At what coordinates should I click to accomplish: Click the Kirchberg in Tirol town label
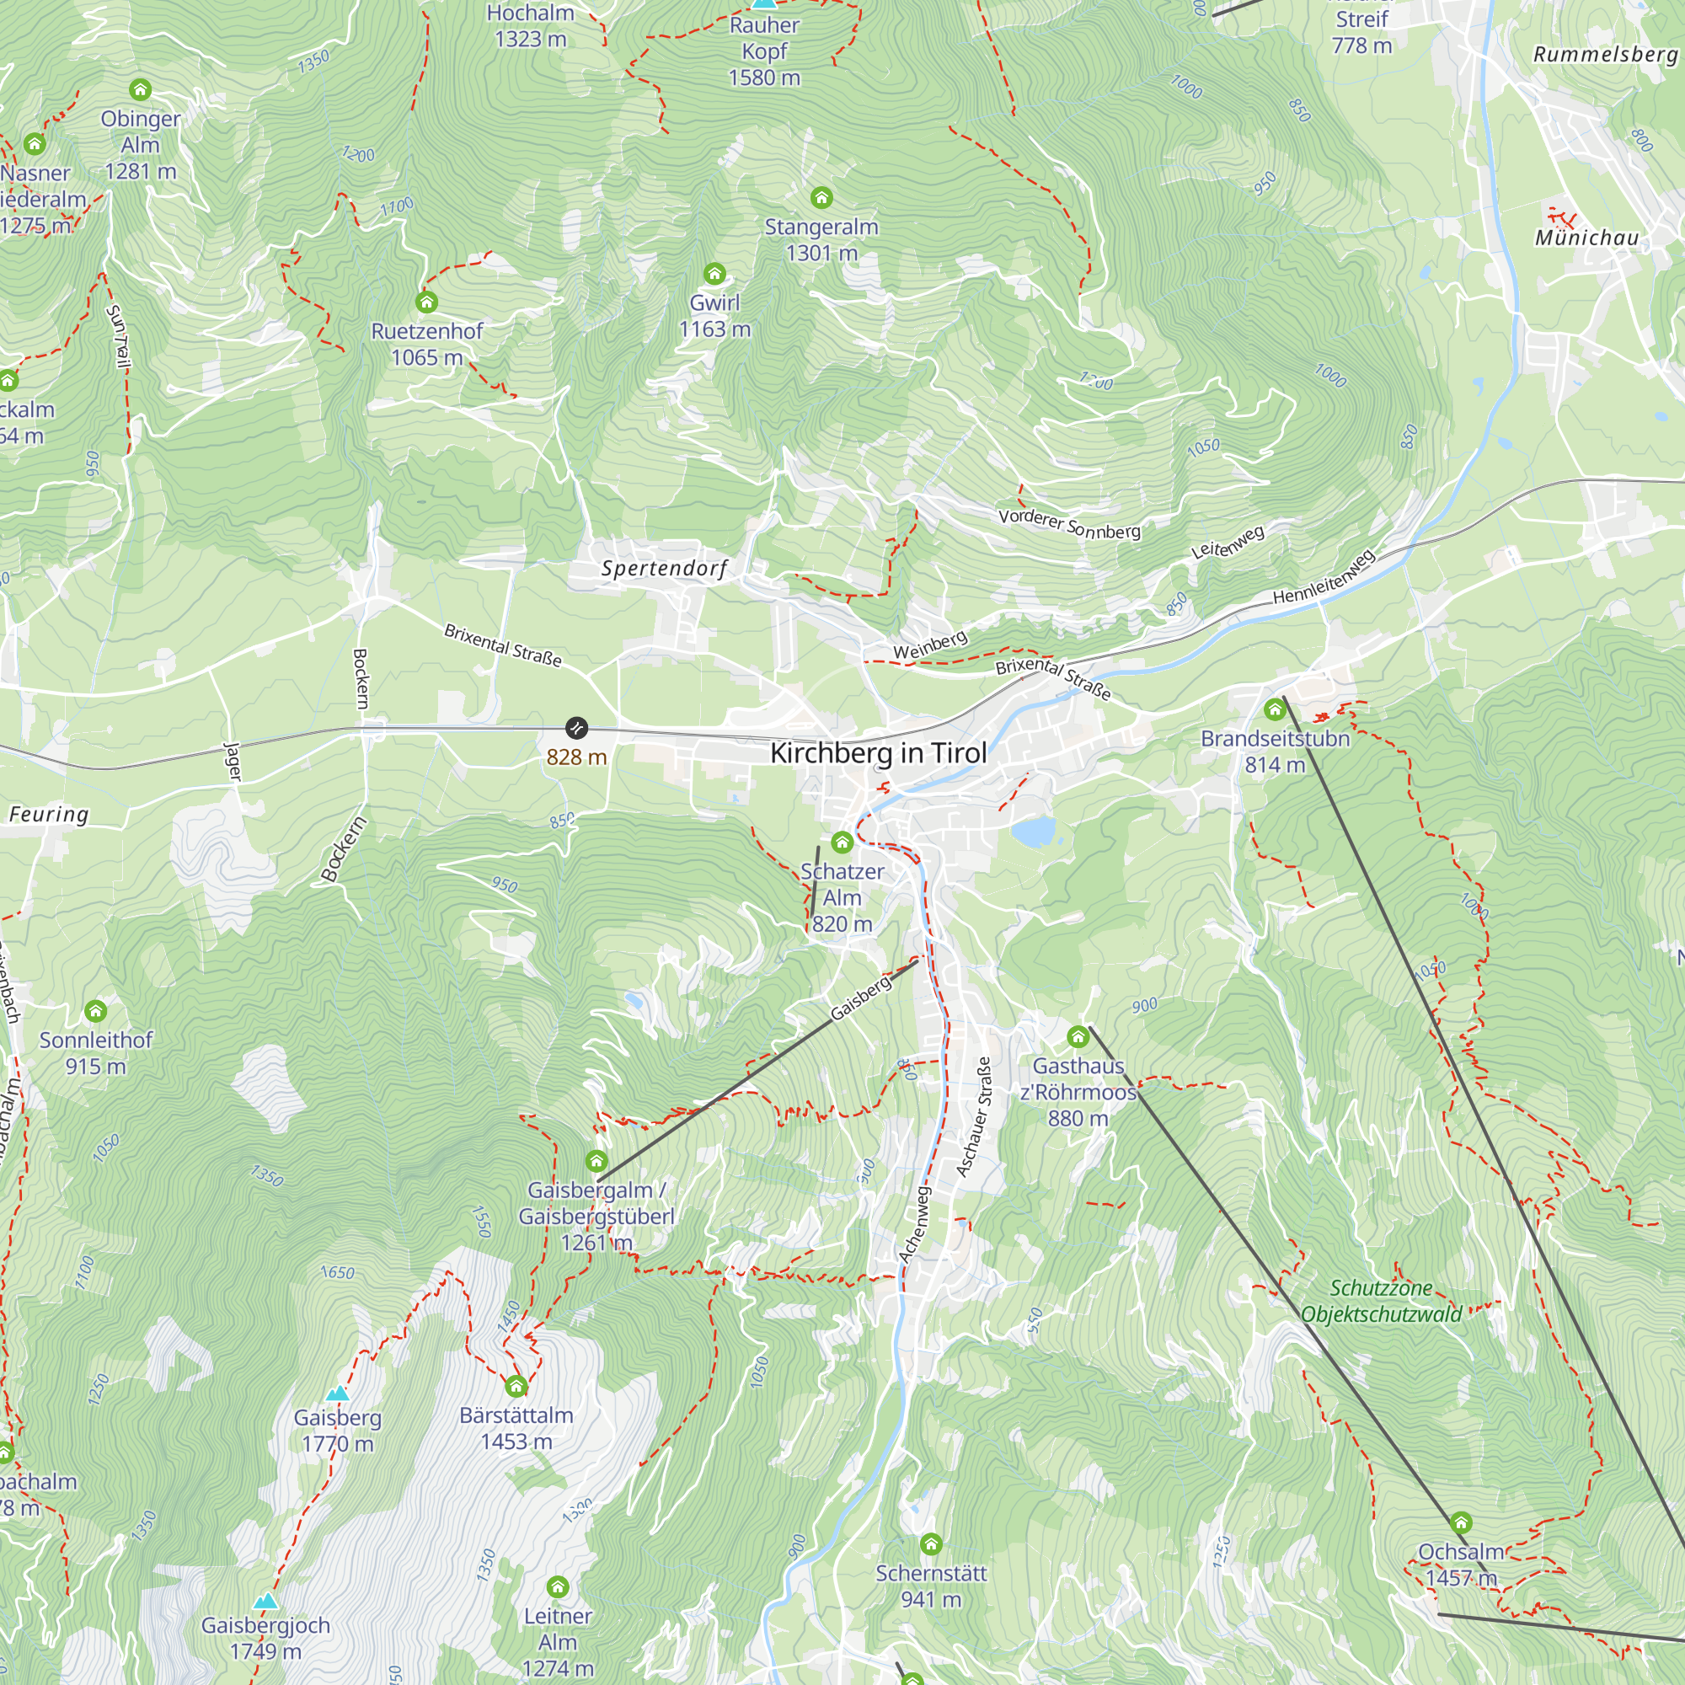coord(878,752)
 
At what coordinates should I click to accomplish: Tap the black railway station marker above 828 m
coord(576,727)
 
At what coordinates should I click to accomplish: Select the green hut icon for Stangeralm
coord(821,198)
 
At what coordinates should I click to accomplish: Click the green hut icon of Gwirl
coord(714,274)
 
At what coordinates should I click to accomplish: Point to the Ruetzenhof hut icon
coord(426,302)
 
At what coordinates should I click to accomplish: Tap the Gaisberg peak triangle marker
coord(337,1393)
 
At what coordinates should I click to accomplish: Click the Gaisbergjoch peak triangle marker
coord(266,1602)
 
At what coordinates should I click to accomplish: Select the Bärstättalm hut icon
coord(516,1386)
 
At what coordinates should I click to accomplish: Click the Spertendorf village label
coord(665,569)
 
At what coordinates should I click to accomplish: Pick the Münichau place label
coord(1586,238)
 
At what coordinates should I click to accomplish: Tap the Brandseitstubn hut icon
coord(1274,709)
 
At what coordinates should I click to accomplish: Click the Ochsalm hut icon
coord(1461,1523)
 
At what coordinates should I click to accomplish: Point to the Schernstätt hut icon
coord(931,1544)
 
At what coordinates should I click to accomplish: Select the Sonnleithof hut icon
coord(96,1011)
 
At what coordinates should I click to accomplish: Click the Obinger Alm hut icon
coord(141,90)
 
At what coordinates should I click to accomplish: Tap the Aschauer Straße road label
coord(974,1117)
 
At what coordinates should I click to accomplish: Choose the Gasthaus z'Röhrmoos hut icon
coord(1078,1037)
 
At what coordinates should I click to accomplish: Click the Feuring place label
coord(49,815)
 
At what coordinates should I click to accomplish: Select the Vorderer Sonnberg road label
coord(1069,523)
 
